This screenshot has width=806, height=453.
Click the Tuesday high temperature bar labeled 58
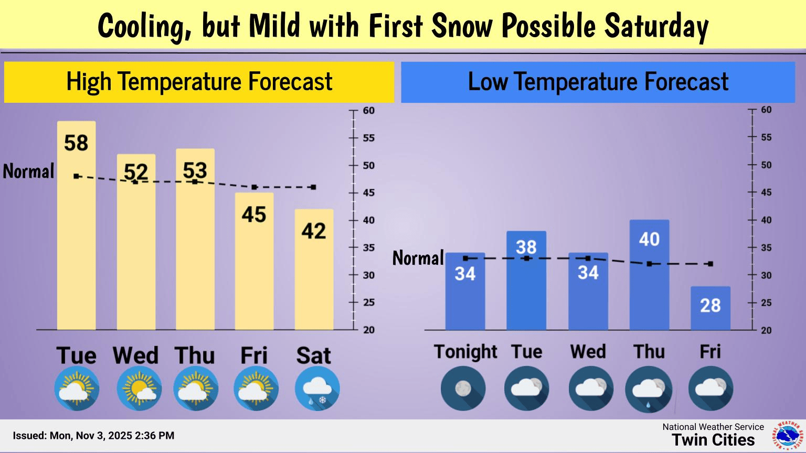pyautogui.click(x=77, y=225)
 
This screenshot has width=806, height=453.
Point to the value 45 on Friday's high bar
pyautogui.click(x=254, y=214)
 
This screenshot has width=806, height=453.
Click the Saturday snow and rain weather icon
pyautogui.click(x=317, y=389)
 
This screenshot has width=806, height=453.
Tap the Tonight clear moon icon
pyautogui.click(x=463, y=389)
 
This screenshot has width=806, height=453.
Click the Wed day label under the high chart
pyautogui.click(x=135, y=355)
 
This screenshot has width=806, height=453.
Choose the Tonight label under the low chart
pyautogui.click(x=465, y=352)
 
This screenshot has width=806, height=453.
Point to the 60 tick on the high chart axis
pyautogui.click(x=368, y=111)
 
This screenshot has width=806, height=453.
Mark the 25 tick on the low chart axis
pyautogui.click(x=766, y=303)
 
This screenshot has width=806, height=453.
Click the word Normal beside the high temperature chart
pyautogui.click(x=29, y=171)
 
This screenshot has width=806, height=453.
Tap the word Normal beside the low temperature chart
pyautogui.click(x=418, y=258)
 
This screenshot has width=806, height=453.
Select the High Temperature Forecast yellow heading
pyautogui.click(x=199, y=82)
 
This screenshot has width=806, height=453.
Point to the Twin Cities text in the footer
pyautogui.click(x=713, y=440)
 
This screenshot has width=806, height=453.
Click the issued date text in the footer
pyautogui.click(x=93, y=436)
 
